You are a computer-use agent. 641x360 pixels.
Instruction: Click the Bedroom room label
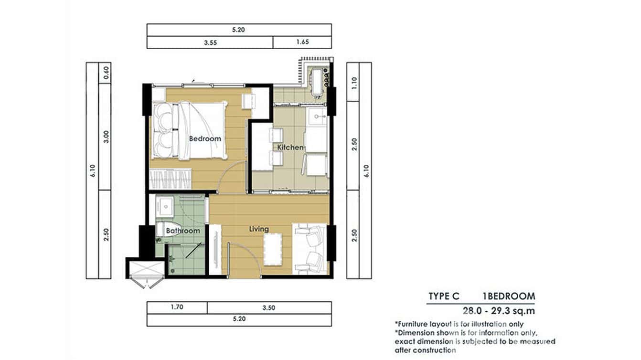click(205, 138)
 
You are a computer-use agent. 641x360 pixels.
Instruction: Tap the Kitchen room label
click(290, 147)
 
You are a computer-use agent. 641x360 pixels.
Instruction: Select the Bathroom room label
click(183, 231)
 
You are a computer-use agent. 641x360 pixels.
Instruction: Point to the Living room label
click(259, 229)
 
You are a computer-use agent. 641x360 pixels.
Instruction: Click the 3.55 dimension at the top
click(210, 42)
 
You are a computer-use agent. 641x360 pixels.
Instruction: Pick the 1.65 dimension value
click(302, 42)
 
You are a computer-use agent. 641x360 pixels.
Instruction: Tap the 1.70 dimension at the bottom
click(177, 307)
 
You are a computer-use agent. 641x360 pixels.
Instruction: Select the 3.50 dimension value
click(269, 307)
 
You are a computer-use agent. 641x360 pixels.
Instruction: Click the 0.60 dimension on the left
click(106, 73)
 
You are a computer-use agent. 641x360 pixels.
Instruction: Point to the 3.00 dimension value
click(106, 137)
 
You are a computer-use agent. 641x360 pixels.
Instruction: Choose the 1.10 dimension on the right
click(354, 83)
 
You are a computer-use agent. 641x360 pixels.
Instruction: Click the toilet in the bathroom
click(164, 229)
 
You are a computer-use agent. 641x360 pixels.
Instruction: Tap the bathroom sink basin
click(164, 206)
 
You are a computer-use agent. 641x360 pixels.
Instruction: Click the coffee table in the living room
click(273, 249)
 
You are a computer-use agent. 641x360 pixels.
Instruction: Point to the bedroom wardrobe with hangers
click(170, 179)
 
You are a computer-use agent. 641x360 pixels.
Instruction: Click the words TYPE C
click(444, 296)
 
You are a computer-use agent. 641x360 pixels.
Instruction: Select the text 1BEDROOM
click(509, 296)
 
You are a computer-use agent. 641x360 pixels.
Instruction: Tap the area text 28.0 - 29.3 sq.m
click(499, 310)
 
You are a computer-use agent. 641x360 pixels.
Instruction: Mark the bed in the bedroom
click(190, 131)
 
